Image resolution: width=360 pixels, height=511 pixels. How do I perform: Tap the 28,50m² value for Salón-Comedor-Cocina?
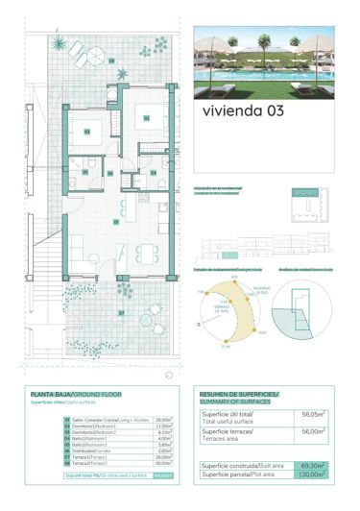(x=163, y=420)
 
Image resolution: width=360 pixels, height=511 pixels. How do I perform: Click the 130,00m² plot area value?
(x=309, y=474)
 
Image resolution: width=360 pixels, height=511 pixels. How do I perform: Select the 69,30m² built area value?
(x=309, y=464)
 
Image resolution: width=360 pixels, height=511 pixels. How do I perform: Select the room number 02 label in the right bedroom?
(x=146, y=119)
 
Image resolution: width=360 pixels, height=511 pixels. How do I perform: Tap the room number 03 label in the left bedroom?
(x=85, y=132)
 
